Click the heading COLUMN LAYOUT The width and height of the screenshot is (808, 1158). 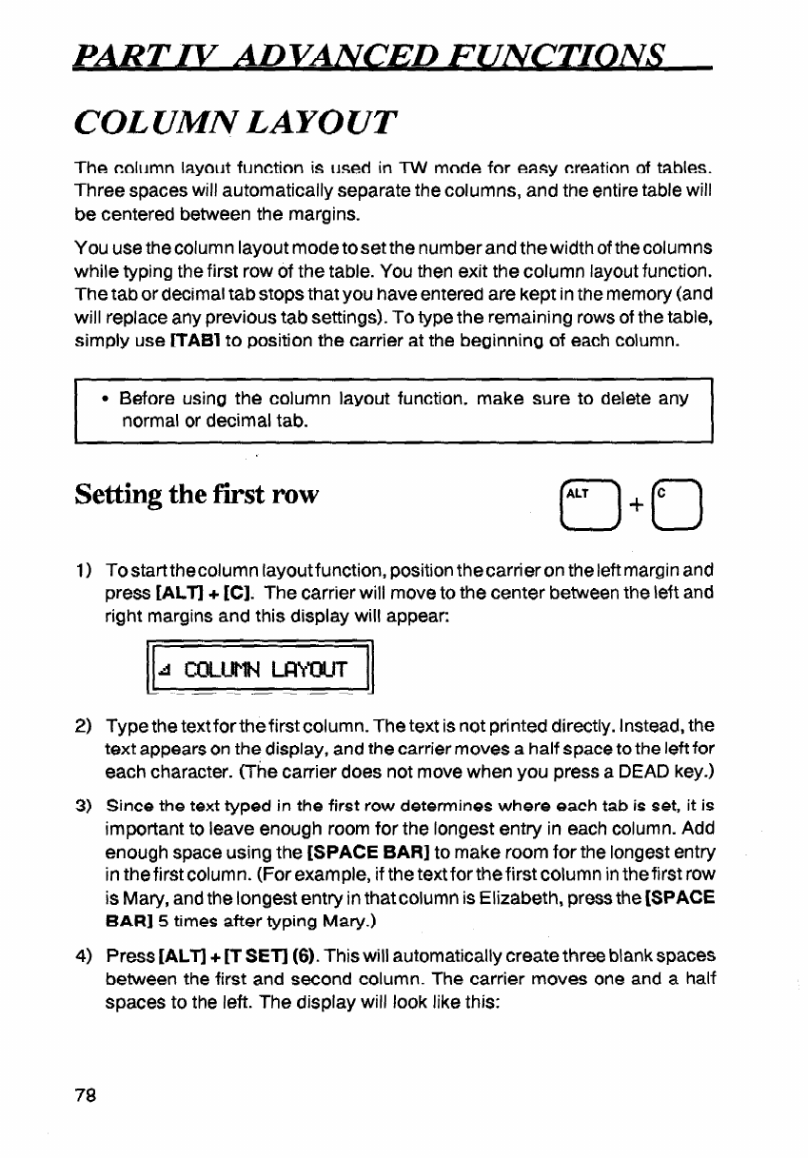pos(228,123)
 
